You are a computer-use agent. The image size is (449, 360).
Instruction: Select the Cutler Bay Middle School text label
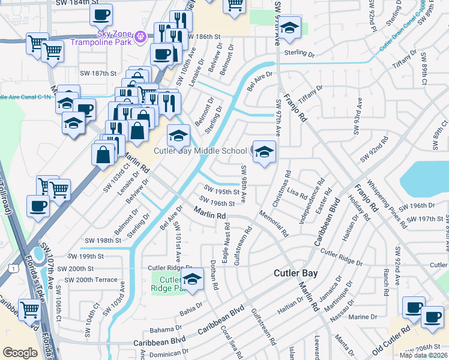tap(200, 151)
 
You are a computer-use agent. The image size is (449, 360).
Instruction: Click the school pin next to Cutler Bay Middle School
tap(264, 152)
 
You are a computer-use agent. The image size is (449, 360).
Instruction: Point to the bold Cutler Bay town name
tap(295, 273)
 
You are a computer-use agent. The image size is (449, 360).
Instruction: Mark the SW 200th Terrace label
tap(91, 280)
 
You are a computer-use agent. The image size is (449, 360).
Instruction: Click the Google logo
tap(20, 353)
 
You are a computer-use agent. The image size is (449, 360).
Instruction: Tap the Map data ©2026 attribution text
tap(423, 355)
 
